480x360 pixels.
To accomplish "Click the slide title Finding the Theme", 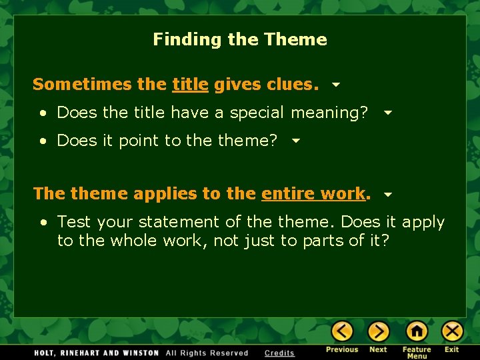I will [240, 39].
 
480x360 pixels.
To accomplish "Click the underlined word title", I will [190, 85].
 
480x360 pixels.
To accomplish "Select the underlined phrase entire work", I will [313, 194].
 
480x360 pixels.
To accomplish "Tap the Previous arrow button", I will [343, 331].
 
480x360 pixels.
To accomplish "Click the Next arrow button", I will [378, 331].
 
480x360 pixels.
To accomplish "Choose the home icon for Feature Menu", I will [417, 331].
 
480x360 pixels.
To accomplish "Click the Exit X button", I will [452, 331].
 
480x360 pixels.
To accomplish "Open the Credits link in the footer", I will [279, 353].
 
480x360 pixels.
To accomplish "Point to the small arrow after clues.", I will [336, 85].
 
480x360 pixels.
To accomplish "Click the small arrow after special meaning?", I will [388, 113].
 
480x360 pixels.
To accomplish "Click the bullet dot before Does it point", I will [43, 141].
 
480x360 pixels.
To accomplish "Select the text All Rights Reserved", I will [207, 353].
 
